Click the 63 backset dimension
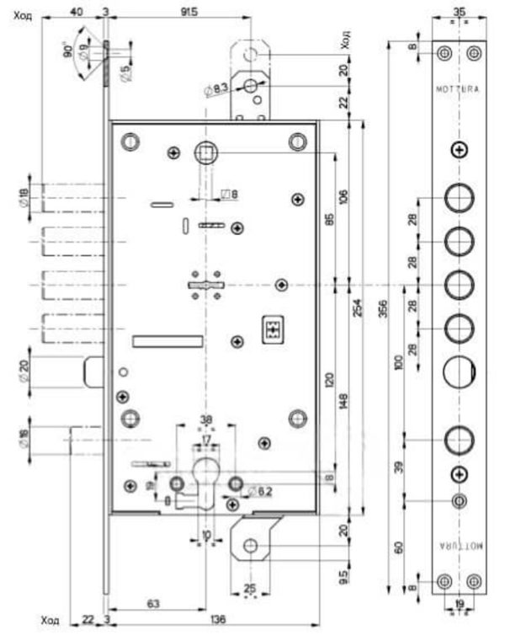coord(153,602)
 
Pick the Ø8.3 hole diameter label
coord(215,87)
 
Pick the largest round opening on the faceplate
coord(459,371)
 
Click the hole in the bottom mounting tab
coord(249,546)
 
